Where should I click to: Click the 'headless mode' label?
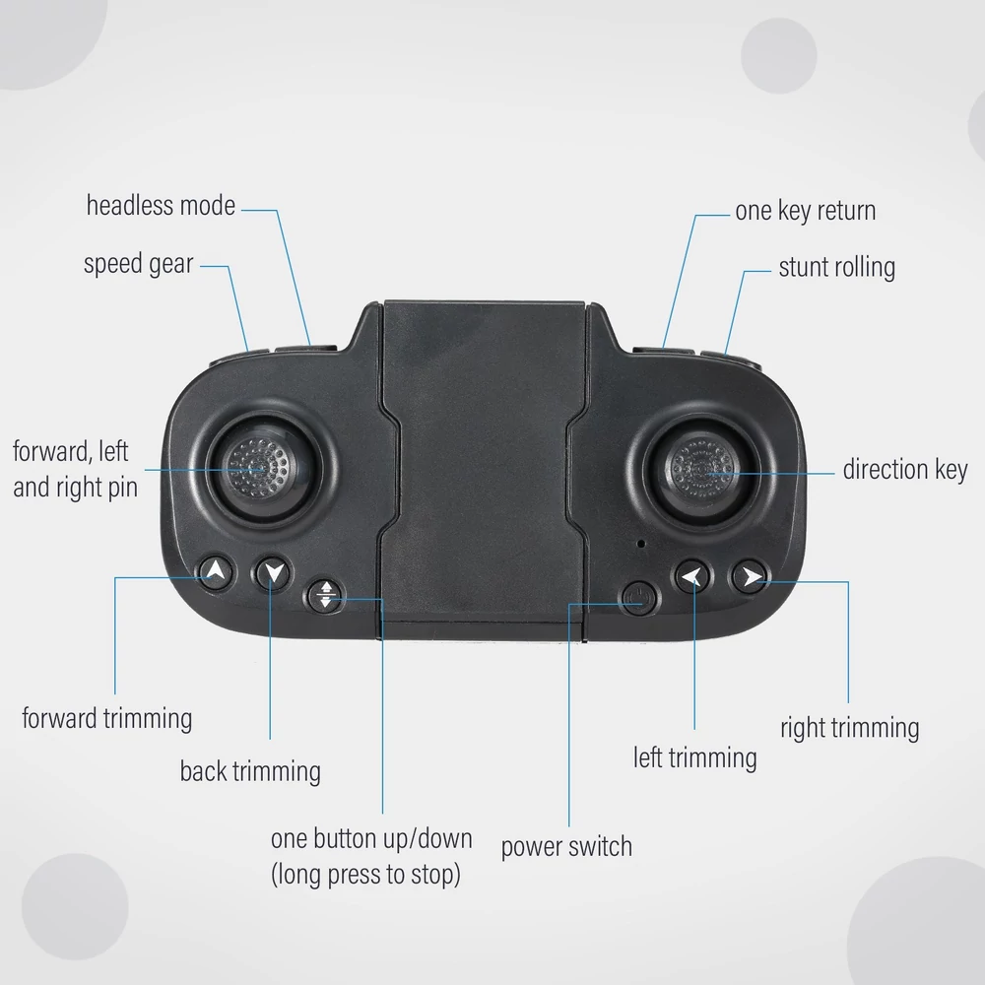(161, 206)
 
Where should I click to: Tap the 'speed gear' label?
(138, 264)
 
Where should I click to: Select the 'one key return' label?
(806, 211)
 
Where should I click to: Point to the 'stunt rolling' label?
(836, 268)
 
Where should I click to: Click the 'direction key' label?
(905, 470)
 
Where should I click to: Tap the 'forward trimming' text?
(106, 719)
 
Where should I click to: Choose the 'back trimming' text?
(250, 771)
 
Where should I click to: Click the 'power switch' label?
(566, 847)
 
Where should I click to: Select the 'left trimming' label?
(694, 757)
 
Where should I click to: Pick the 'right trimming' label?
(849, 728)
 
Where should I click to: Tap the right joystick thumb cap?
(701, 469)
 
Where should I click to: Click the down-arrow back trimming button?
(272, 573)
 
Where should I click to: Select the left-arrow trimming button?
(692, 576)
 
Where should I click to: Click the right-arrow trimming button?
(750, 576)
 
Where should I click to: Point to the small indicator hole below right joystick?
(641, 544)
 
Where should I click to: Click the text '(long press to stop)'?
(365, 875)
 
